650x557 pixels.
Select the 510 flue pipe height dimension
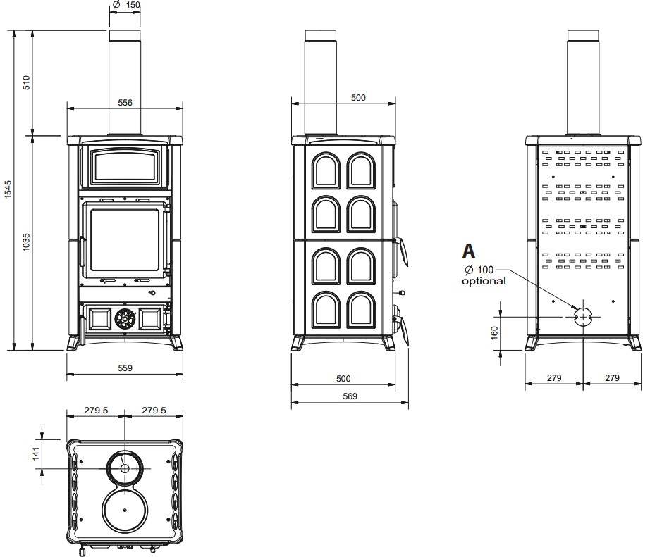coord(26,82)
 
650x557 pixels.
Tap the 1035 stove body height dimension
coord(26,242)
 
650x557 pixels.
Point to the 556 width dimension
coord(125,102)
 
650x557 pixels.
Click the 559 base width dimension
coord(125,368)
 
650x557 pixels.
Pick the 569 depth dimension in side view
coord(350,396)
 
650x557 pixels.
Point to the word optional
coord(484,281)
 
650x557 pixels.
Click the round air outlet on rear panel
coord(583,317)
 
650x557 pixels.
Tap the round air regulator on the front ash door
coord(125,318)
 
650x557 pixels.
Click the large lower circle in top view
coord(125,509)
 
